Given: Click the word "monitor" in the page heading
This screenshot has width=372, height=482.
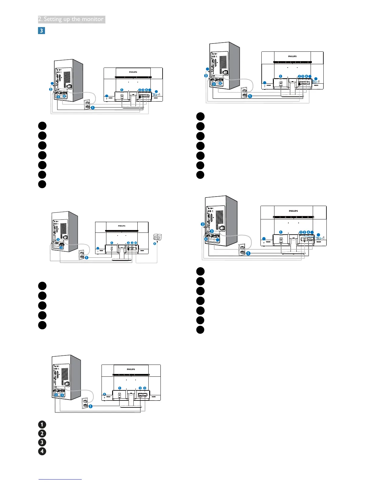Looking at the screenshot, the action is click(92, 19).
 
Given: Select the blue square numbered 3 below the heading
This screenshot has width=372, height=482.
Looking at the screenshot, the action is click(41, 30).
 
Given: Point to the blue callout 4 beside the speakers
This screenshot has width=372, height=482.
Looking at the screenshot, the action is click(154, 243).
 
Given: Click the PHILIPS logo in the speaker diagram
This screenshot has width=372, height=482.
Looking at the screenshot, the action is click(122, 226).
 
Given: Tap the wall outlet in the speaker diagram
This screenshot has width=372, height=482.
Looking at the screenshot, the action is click(82, 254).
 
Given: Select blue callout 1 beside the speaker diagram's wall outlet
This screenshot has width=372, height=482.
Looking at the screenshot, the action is click(87, 258).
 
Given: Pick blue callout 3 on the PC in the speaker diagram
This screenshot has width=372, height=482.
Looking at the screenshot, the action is click(58, 240).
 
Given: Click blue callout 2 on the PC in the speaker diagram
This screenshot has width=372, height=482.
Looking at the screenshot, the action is click(61, 248).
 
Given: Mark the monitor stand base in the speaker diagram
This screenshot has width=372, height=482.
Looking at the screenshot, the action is click(122, 259).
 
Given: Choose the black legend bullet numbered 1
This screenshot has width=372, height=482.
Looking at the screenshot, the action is click(42, 424).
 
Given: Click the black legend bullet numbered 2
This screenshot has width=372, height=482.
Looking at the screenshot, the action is click(42, 433).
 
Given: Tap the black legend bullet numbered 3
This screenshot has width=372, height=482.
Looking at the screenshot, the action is click(42, 442).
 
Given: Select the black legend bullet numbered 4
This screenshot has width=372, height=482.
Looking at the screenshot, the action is click(42, 451).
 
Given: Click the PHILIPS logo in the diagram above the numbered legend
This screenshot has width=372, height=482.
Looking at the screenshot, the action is click(131, 369).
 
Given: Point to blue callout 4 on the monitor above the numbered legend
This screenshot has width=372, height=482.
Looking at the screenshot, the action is click(104, 394).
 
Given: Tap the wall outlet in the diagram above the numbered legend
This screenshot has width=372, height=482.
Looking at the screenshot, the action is click(85, 403).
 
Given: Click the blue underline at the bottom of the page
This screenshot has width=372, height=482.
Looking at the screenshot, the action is click(60, 479).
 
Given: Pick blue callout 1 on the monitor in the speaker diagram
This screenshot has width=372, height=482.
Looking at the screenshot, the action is click(112, 243).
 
